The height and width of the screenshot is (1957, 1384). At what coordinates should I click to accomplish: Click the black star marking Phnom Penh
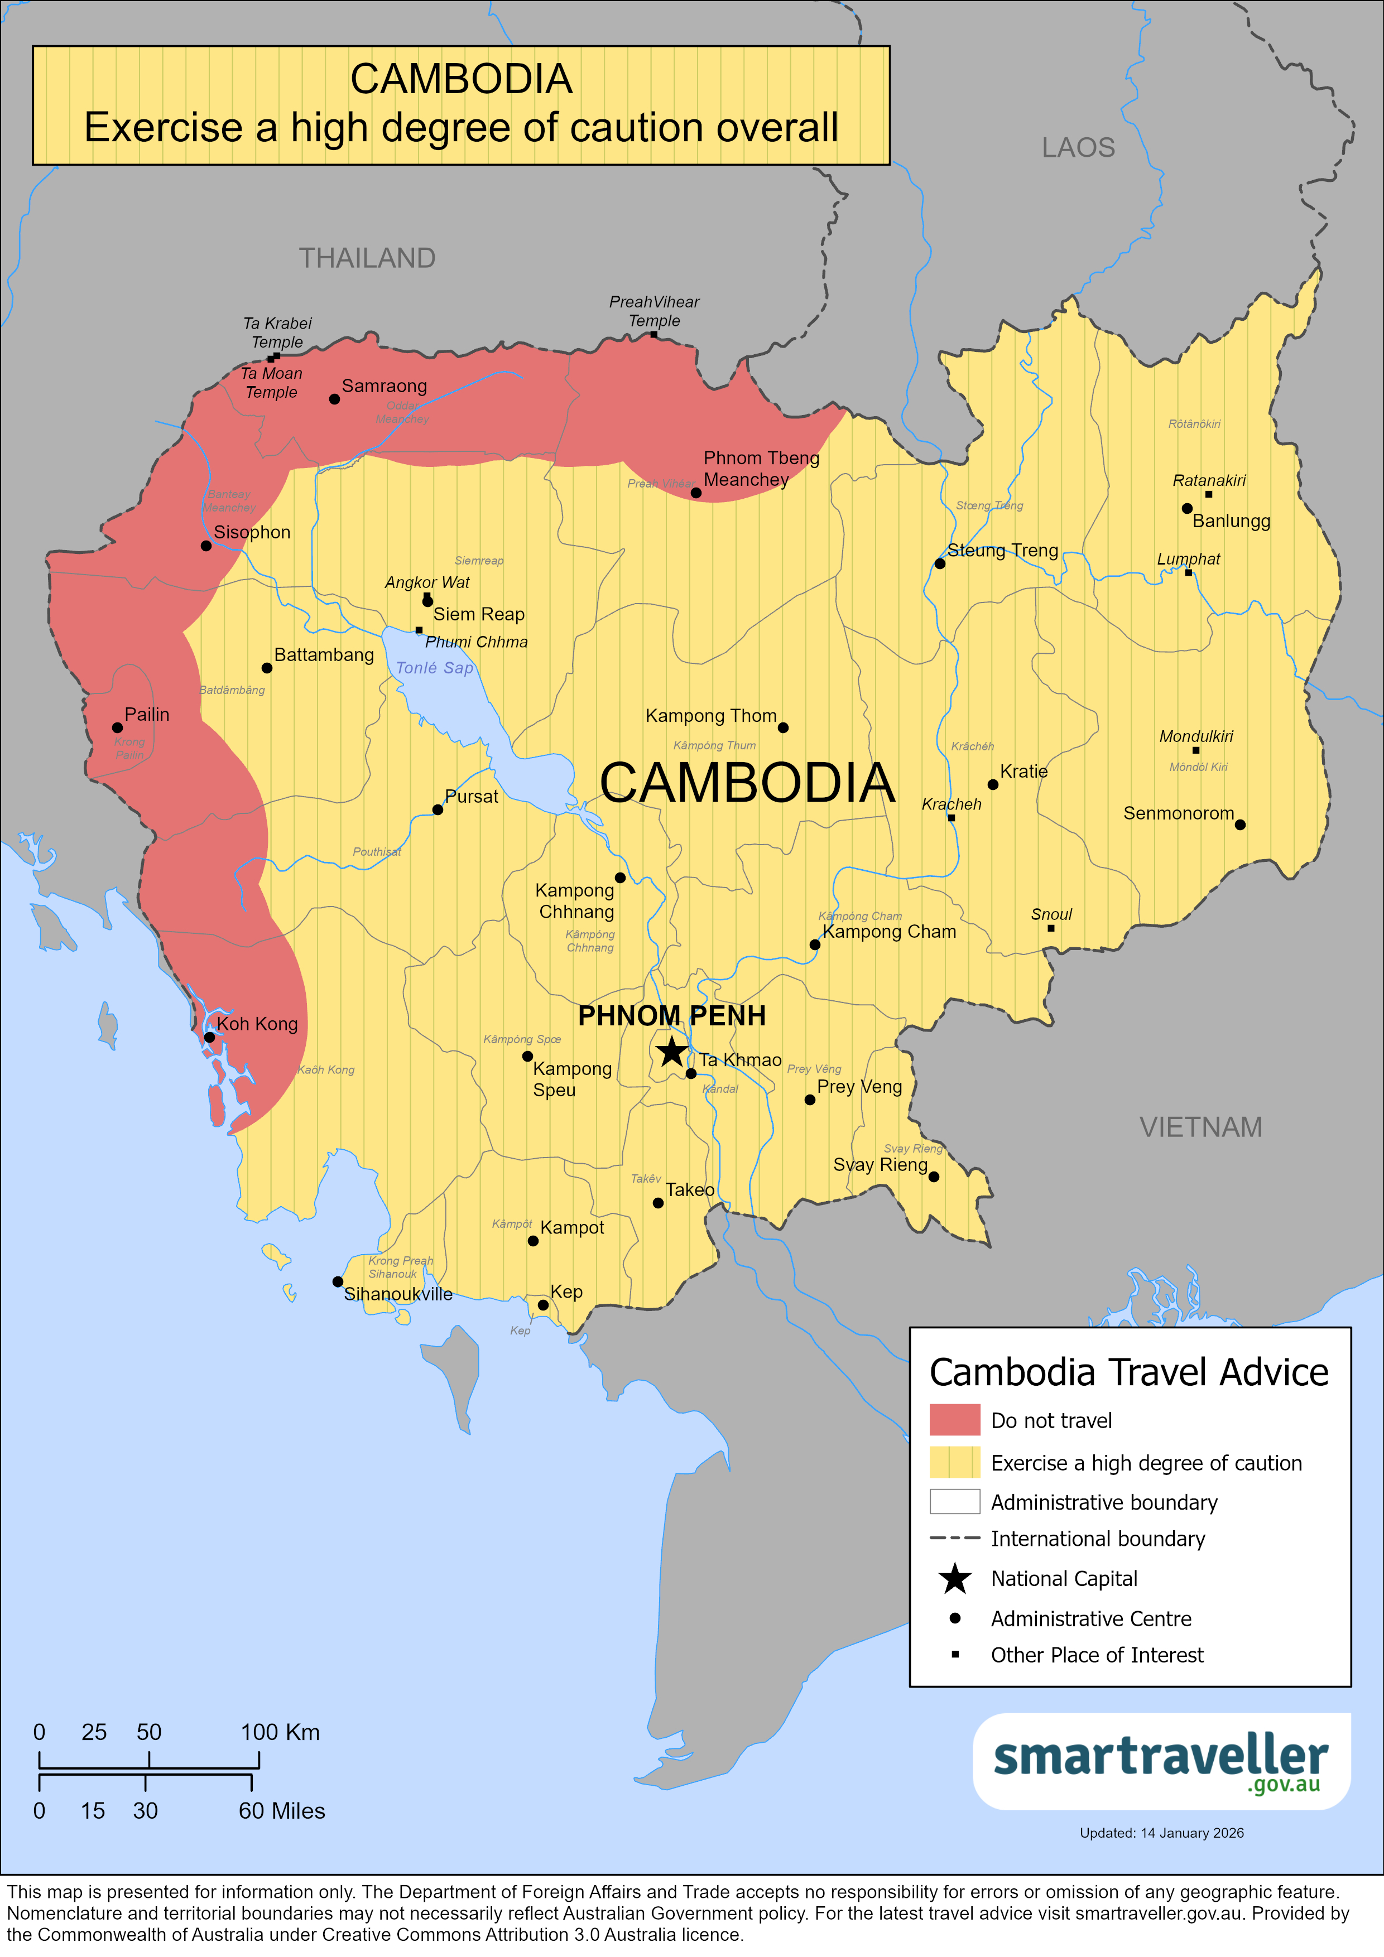(x=672, y=1051)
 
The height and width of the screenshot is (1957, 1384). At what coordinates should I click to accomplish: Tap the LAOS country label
(x=1078, y=147)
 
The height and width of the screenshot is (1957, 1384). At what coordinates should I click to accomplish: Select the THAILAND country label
(x=367, y=257)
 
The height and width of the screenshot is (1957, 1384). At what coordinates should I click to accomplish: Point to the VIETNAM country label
(x=1200, y=1127)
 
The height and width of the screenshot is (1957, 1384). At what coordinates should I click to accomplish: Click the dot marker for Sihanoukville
(x=338, y=1281)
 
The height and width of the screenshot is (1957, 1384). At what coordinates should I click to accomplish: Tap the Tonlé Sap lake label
(x=434, y=667)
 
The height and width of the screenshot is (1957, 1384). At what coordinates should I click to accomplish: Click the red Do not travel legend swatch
(x=954, y=1420)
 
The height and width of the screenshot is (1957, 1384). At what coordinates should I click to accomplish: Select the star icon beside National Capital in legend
(x=954, y=1579)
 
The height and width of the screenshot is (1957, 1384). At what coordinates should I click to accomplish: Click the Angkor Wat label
(x=426, y=582)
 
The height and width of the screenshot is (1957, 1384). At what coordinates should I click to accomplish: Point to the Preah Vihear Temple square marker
(x=654, y=335)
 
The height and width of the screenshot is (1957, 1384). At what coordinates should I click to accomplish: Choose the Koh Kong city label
(x=257, y=1024)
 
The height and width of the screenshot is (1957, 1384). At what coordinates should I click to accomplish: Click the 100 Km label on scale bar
(x=280, y=1732)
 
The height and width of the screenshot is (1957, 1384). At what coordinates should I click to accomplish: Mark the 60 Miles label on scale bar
(x=281, y=1810)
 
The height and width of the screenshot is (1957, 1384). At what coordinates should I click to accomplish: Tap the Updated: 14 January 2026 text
(x=1161, y=1833)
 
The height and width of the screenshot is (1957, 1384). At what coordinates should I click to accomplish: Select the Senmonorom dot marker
(x=1240, y=824)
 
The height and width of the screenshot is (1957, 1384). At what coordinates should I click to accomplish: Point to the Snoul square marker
(x=1051, y=928)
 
